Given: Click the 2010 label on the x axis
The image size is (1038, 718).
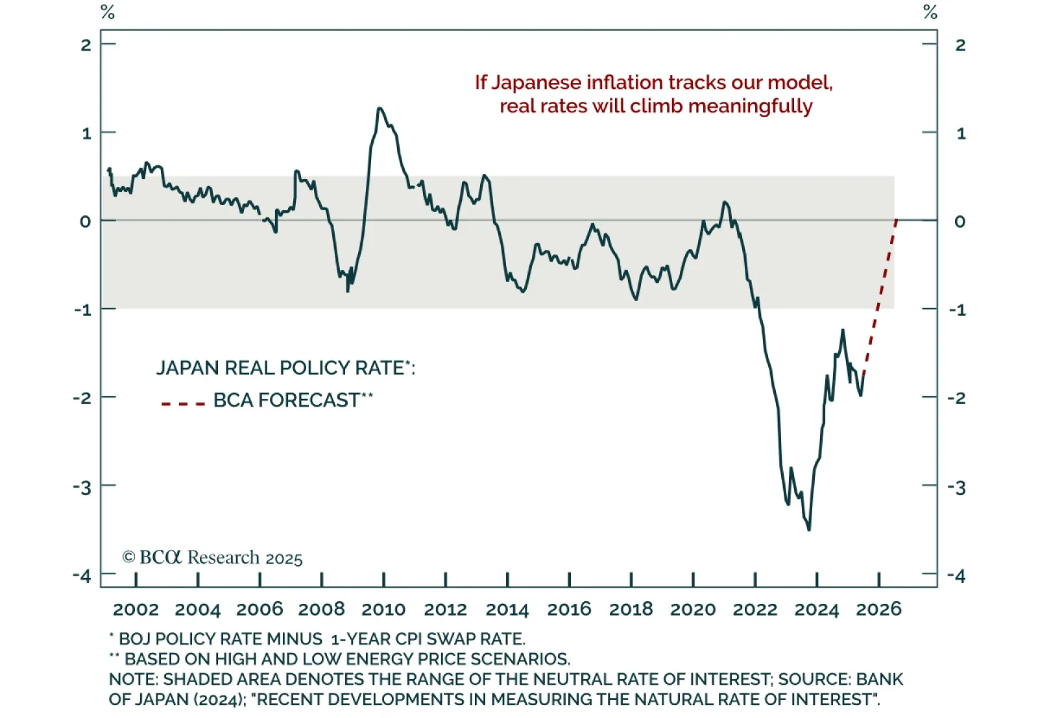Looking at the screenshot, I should click(x=383, y=610).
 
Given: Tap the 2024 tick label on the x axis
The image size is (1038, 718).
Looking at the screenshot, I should click(x=817, y=610).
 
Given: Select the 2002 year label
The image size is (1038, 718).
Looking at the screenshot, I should click(x=136, y=610).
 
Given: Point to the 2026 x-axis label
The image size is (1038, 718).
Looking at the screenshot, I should click(x=879, y=610).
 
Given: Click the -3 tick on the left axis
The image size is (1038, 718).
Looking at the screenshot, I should click(x=82, y=487).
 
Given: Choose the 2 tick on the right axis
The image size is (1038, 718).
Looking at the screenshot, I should click(x=961, y=45).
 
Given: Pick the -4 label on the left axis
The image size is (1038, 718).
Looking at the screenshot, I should click(x=82, y=575).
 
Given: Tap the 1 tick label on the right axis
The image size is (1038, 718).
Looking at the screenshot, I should click(x=961, y=134).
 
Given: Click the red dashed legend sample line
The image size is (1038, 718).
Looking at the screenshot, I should click(x=183, y=403).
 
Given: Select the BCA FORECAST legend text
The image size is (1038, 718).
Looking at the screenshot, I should click(x=287, y=400).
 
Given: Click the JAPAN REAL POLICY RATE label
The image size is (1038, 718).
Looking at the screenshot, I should click(x=280, y=368).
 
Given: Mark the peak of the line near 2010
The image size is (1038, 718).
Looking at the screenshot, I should click(x=380, y=108).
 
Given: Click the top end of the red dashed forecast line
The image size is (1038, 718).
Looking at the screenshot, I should click(x=897, y=221).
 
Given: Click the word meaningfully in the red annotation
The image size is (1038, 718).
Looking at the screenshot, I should click(x=750, y=106).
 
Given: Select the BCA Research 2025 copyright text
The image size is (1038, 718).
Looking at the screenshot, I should click(x=212, y=558).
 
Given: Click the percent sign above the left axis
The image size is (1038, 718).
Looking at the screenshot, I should click(x=108, y=12).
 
